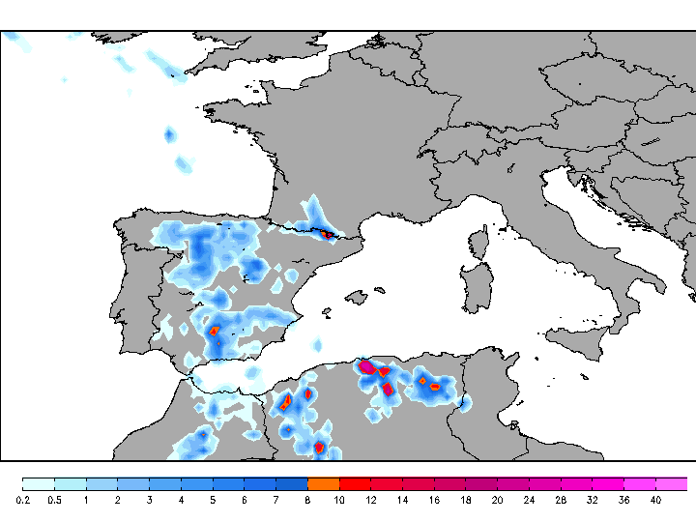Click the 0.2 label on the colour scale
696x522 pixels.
pos(23,500)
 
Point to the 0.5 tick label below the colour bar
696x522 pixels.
pos(55,500)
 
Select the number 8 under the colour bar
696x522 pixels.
pos(307,500)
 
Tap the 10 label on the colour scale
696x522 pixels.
pos(339,500)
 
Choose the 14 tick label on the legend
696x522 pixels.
pos(402,500)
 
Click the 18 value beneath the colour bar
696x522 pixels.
pos(465,500)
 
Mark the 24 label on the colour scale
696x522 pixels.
pos(529,500)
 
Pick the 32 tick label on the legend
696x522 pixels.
pos(592,500)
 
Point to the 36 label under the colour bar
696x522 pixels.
pos(623,500)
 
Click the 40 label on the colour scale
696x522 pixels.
pos(655,500)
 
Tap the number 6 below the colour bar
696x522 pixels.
pos(245,500)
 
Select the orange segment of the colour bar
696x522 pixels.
pos(323,483)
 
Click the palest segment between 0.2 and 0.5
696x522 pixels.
pos(39,483)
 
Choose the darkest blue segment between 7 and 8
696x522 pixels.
pos(292,483)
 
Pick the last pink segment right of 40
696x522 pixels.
pos(672,483)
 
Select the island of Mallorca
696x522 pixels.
pos(359,296)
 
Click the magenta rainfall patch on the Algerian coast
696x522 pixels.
pos(367,367)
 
